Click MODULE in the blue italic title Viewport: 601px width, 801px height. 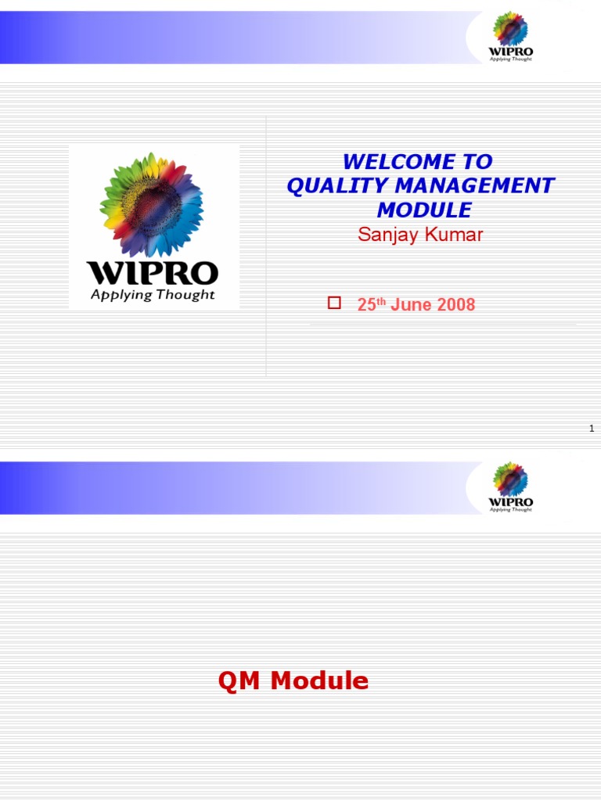click(x=424, y=210)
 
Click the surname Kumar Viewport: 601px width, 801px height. click(x=454, y=234)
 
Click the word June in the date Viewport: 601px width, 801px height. click(x=411, y=305)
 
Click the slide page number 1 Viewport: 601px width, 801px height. click(x=592, y=428)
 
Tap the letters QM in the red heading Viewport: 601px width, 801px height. click(x=240, y=681)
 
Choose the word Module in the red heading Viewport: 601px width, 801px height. click(x=319, y=681)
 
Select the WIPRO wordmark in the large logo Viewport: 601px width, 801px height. click(x=152, y=273)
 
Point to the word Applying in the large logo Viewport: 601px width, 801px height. click(x=120, y=295)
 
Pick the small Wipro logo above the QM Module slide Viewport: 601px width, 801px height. click(x=510, y=487)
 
